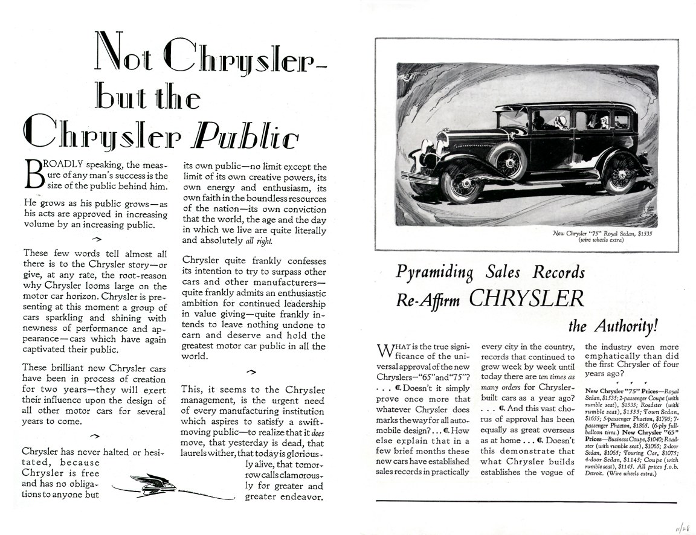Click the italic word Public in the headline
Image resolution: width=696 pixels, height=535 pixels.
point(245,138)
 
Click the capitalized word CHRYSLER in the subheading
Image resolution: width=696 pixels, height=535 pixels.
point(526,298)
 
